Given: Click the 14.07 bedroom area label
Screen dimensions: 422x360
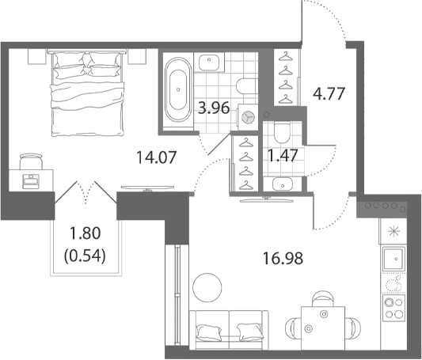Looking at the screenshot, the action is (x=156, y=157).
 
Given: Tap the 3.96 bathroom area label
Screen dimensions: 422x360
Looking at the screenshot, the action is (x=214, y=108).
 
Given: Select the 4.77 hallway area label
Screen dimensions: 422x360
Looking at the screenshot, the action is (x=329, y=94).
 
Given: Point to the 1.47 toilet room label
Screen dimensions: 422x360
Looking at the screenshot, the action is (x=283, y=155).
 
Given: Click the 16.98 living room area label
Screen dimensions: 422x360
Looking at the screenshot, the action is (x=283, y=259).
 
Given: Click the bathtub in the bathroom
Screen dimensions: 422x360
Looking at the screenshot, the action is (x=178, y=89).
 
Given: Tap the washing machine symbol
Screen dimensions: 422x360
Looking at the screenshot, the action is (x=248, y=117).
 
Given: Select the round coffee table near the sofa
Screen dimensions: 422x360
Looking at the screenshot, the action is (x=207, y=287).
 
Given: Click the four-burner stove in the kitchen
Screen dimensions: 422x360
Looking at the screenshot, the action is (x=394, y=308).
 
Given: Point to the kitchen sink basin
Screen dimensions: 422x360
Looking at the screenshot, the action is (x=393, y=259).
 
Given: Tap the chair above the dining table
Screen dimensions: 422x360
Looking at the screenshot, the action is (x=323, y=298).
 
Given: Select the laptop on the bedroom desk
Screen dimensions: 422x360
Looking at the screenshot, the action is (x=31, y=181).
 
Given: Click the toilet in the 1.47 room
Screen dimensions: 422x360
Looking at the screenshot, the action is (x=282, y=133).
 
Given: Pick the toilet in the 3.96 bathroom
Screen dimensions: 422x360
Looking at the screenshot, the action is (x=246, y=86).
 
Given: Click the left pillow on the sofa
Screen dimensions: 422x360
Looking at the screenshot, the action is (x=209, y=333).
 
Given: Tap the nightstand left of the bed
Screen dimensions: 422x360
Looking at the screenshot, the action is (x=37, y=56).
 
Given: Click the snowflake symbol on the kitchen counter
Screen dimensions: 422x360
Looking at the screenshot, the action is (x=393, y=231).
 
